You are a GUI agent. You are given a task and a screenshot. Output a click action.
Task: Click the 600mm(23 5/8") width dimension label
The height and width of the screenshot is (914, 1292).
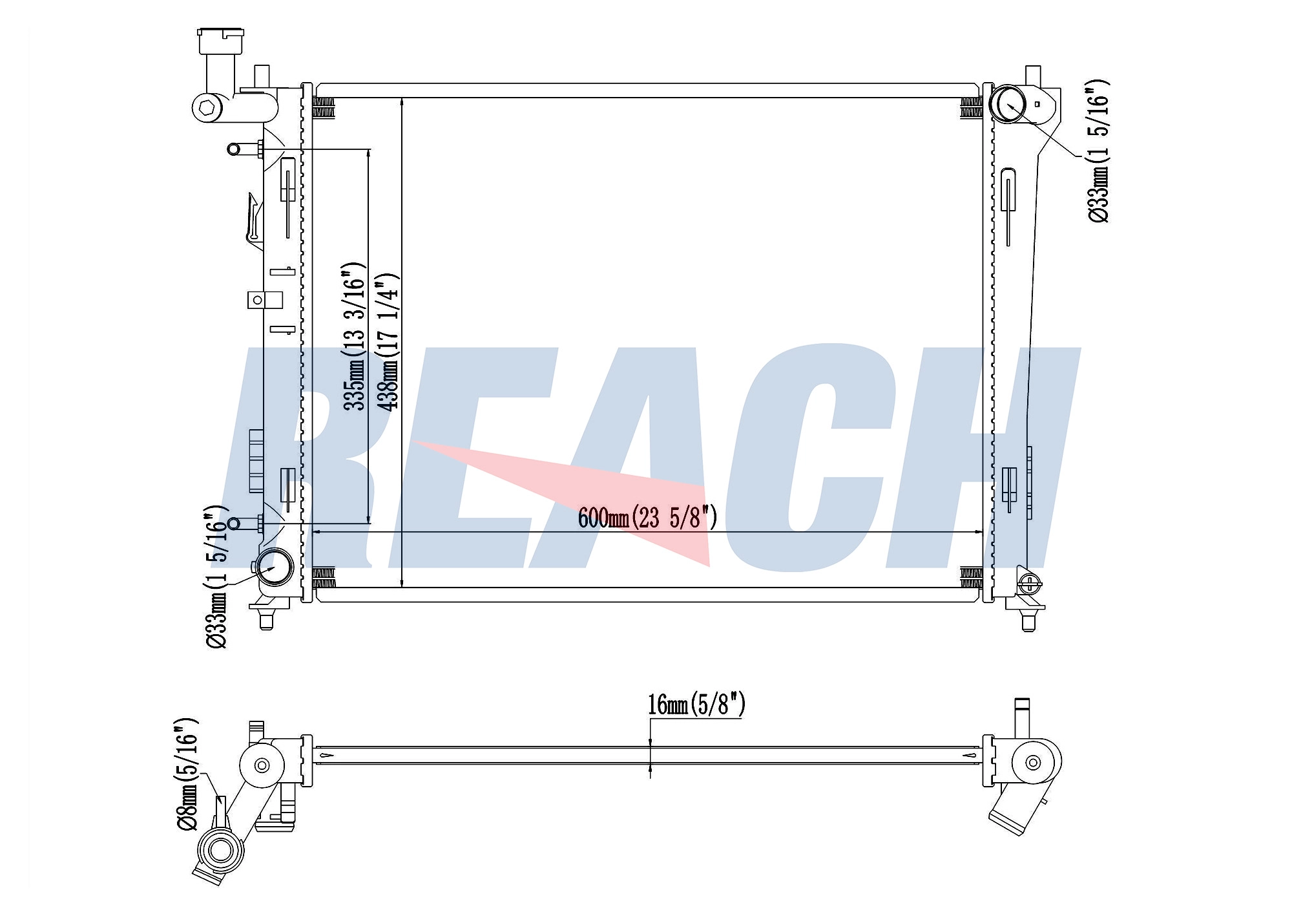click(647, 518)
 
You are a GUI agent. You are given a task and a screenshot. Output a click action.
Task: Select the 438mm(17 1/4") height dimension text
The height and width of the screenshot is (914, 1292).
click(389, 342)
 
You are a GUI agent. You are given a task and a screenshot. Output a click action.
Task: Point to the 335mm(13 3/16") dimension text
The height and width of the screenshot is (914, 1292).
click(355, 336)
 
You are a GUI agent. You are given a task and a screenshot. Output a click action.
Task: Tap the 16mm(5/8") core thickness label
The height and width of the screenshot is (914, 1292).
click(696, 705)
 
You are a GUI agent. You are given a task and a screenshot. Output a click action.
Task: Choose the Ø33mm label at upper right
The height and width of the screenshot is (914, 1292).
click(1098, 151)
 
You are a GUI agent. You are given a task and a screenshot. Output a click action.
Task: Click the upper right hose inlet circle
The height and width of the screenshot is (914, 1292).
click(1008, 104)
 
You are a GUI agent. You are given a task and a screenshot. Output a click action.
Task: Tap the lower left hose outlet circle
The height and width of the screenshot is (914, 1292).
click(275, 567)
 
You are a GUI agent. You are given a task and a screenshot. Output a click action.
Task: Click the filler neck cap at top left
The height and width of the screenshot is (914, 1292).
click(221, 41)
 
